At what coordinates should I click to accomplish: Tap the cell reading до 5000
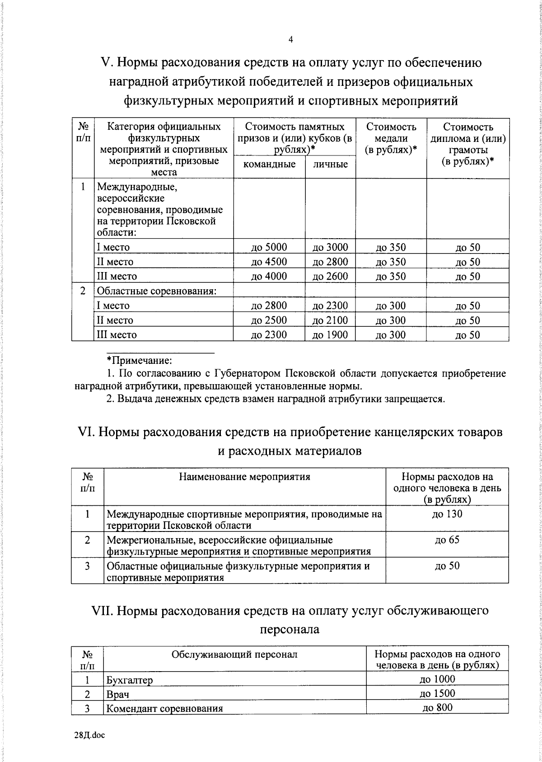[269, 247]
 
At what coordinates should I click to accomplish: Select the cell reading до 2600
[330, 276]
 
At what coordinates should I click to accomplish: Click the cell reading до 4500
[269, 262]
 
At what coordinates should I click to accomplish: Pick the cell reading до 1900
[330, 335]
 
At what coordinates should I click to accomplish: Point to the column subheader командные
[269, 164]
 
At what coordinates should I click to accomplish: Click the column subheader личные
[330, 164]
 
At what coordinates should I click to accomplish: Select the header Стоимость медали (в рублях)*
[391, 138]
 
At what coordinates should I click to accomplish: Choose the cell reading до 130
[447, 514]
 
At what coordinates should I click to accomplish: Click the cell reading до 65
[447, 540]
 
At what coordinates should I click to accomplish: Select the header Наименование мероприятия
[244, 477]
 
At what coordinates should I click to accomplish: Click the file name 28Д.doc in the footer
[89, 736]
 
